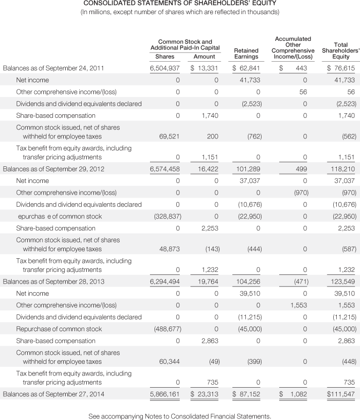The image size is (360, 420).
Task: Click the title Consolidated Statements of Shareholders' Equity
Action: pos(179,5)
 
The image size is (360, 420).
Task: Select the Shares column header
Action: pos(165,57)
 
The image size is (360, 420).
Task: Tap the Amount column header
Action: pos(204,57)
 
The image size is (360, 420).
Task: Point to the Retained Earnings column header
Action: pos(246,54)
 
